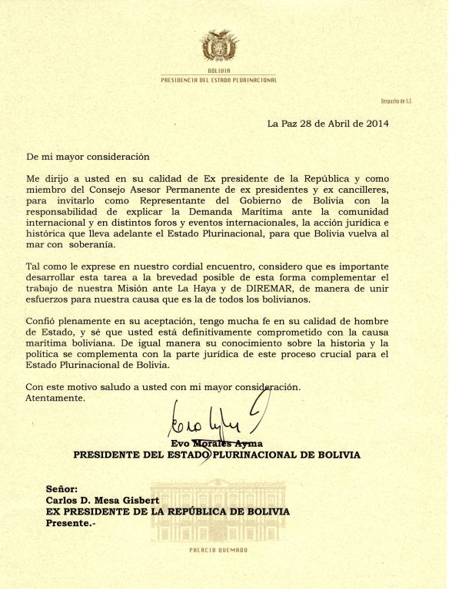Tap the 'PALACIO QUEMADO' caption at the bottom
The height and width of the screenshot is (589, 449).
[x=218, y=550]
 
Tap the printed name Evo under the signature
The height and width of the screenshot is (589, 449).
[x=179, y=443]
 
